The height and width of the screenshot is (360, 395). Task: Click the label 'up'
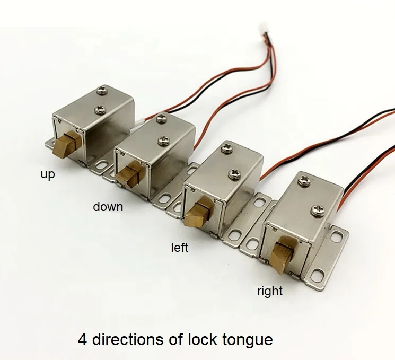[48, 174]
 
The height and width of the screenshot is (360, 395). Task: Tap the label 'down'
[108, 207]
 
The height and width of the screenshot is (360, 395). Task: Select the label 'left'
[179, 247]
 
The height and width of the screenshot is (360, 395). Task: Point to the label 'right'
[270, 291]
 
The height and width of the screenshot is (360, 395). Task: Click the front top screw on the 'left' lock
[234, 173]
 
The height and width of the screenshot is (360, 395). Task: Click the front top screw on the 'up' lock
[99, 110]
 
